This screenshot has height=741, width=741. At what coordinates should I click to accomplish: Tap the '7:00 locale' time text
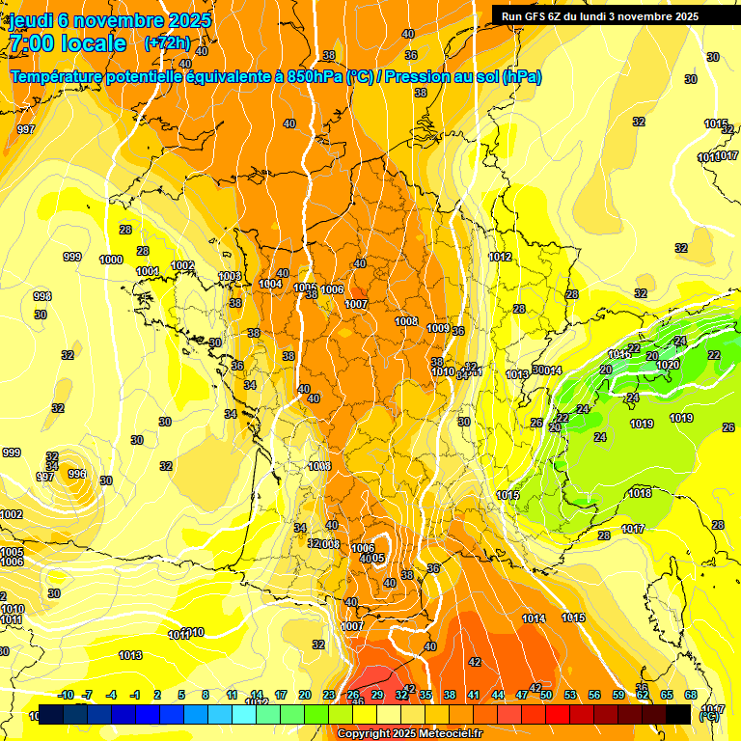(x=67, y=44)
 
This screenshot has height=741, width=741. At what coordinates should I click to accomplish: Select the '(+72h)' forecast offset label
(x=167, y=43)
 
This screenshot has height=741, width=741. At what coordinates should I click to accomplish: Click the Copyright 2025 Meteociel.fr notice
(x=409, y=734)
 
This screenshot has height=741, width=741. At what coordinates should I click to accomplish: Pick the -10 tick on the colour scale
(x=66, y=695)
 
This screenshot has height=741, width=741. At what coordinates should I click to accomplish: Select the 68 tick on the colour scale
(x=691, y=695)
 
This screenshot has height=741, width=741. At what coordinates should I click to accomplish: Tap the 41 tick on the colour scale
(x=474, y=695)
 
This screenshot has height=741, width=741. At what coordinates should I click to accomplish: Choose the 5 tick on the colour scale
(x=182, y=695)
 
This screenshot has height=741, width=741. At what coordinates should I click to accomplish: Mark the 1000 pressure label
(x=111, y=260)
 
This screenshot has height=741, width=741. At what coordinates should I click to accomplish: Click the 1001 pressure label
(x=147, y=271)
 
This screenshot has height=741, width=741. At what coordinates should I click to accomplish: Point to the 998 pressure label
(x=41, y=296)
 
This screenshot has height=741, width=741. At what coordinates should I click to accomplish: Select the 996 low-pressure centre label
(x=77, y=474)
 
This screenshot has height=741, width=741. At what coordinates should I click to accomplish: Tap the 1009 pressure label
(x=437, y=328)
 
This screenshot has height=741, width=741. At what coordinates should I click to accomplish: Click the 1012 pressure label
(x=500, y=257)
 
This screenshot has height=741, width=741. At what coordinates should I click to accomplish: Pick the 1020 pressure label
(x=668, y=365)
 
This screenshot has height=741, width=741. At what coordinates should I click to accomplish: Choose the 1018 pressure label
(x=640, y=493)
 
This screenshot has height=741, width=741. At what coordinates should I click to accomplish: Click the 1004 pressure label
(x=270, y=284)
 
